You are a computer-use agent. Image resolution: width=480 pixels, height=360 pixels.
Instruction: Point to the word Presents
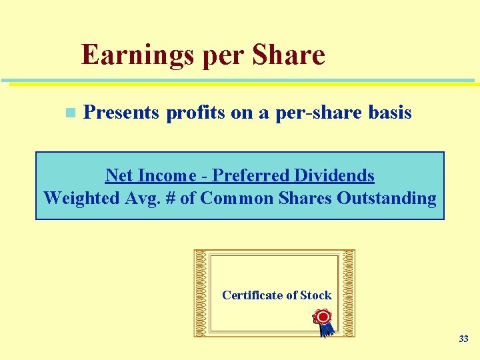pos(121,113)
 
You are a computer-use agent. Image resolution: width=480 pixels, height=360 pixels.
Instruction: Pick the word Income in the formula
pos(167,175)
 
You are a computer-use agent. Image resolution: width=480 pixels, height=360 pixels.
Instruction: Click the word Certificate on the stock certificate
pos(253,295)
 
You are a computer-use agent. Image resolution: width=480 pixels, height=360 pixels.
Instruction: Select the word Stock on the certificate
pos(316,295)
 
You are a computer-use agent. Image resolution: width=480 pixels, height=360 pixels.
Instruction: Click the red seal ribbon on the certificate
pos(324,320)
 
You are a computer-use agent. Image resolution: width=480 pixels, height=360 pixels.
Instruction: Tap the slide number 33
pos(463,339)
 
